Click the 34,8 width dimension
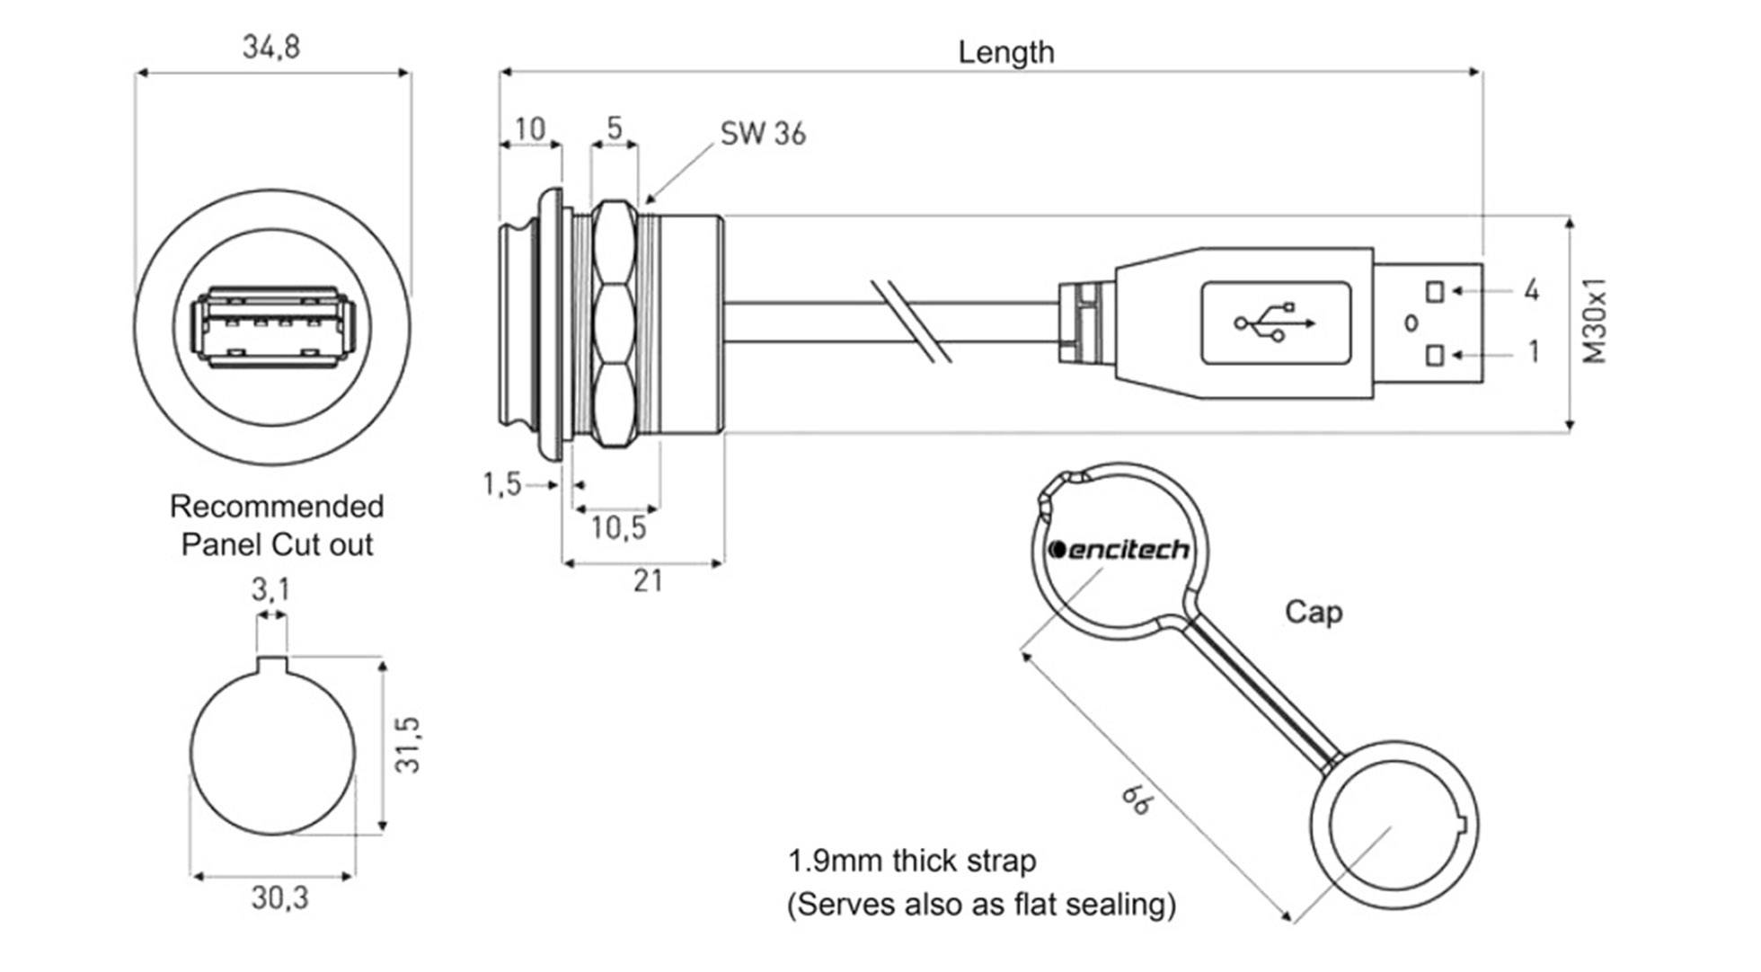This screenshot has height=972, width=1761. pos(271,47)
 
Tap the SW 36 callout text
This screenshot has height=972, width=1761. pos(763,134)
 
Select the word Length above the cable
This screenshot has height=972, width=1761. pos(1005,52)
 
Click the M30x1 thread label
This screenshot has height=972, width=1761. pos(1595,321)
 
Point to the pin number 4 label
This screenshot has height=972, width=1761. pos(1531,290)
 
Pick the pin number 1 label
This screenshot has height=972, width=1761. pos(1533,352)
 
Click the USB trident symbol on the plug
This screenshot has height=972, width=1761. pos(1275,323)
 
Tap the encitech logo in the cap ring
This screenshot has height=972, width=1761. pos(1119,549)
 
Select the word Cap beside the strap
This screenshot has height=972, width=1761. pos(1313,613)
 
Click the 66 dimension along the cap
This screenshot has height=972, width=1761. pos(1136,799)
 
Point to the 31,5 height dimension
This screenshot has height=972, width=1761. pos(408,744)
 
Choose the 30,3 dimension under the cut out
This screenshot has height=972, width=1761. pos(279,897)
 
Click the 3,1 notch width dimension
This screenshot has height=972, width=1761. pos(270,590)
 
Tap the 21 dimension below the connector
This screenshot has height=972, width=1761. pos(647,581)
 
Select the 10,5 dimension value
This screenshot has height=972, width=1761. pos(618,528)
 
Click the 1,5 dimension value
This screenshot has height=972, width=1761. pos(501,484)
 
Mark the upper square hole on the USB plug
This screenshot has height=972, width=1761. pos(1435,292)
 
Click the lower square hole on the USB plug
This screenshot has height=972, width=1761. pos(1435,356)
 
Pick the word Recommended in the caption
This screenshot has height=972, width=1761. pos(277,507)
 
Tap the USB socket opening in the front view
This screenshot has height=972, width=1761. pos(273,327)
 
